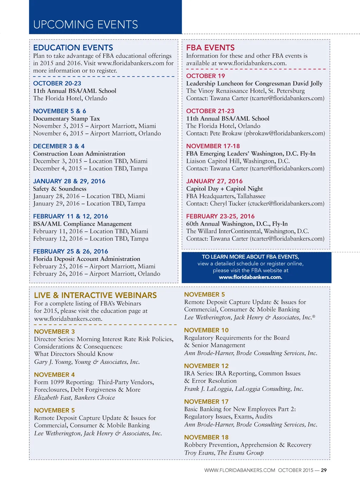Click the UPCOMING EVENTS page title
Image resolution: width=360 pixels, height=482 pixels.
(85, 25)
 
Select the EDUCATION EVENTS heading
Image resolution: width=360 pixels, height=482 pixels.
(73, 47)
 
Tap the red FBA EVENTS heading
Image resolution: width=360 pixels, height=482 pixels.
(210, 47)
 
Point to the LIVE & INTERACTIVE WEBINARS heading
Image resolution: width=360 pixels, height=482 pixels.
(95, 295)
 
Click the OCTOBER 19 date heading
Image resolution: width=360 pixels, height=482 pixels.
(205, 76)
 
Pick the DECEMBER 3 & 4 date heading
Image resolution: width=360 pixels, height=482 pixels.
(59, 146)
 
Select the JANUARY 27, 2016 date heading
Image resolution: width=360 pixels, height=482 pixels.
(214, 181)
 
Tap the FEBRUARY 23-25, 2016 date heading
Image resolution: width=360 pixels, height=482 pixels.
(220, 216)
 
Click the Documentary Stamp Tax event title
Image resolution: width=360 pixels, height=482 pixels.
(66, 119)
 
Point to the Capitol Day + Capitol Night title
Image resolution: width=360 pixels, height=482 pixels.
(224, 189)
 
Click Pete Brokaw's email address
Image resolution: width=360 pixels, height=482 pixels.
(285, 133)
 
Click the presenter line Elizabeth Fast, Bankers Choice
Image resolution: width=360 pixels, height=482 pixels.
(75, 398)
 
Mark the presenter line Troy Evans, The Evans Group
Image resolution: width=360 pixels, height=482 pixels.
(224, 453)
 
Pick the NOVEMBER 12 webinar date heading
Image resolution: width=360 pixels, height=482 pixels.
(206, 366)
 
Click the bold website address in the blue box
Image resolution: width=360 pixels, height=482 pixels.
(250, 277)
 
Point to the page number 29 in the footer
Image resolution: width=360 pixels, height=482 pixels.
(324, 470)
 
